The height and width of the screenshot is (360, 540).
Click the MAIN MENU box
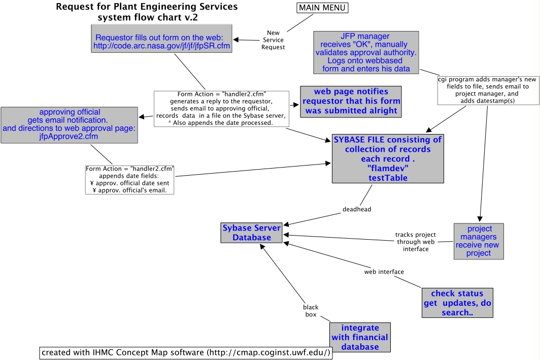(x=322, y=8)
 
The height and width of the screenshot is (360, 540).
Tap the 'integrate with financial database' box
(x=360, y=337)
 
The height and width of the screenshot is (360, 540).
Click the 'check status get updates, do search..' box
(x=457, y=303)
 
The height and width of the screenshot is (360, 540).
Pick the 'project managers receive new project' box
(x=479, y=241)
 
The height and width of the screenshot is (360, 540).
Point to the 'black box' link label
(x=310, y=311)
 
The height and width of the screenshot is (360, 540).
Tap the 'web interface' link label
(x=384, y=272)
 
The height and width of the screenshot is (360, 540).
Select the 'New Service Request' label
(x=277, y=40)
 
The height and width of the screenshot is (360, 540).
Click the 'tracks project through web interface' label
(x=415, y=242)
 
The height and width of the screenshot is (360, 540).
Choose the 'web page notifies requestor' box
(x=351, y=101)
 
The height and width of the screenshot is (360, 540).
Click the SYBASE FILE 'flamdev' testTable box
(x=387, y=158)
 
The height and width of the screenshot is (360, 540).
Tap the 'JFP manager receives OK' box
(x=365, y=52)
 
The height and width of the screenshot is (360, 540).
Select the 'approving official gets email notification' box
(x=70, y=120)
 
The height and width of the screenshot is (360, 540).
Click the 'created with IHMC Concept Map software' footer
(x=186, y=352)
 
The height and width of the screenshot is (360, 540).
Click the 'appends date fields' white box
(x=130, y=179)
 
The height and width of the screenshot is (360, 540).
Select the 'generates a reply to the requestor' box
(x=221, y=109)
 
